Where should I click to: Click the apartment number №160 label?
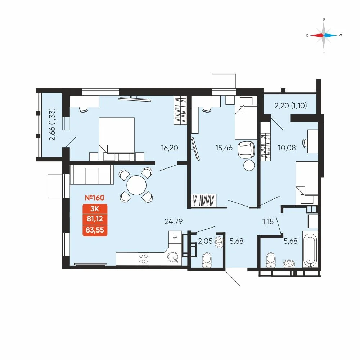click(x=95, y=198)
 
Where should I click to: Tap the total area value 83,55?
click(x=95, y=230)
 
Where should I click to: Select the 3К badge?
click(x=95, y=209)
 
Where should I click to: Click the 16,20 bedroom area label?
click(x=170, y=148)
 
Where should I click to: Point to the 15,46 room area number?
click(x=224, y=148)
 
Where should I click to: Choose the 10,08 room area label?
click(x=287, y=148)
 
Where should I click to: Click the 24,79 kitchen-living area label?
click(x=174, y=221)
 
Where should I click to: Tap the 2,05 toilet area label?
click(x=205, y=241)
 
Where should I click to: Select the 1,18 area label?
click(x=268, y=221)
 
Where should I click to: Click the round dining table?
click(x=136, y=185)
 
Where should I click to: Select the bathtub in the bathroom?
click(x=310, y=249)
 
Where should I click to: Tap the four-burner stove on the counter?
click(x=143, y=259)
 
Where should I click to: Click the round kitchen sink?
click(x=173, y=257)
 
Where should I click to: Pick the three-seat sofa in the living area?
click(x=92, y=175)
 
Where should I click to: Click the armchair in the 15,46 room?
click(x=246, y=150)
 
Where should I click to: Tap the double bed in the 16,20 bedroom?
click(x=117, y=139)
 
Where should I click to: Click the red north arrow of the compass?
click(x=317, y=35)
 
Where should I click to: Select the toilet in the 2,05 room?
click(x=207, y=260)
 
